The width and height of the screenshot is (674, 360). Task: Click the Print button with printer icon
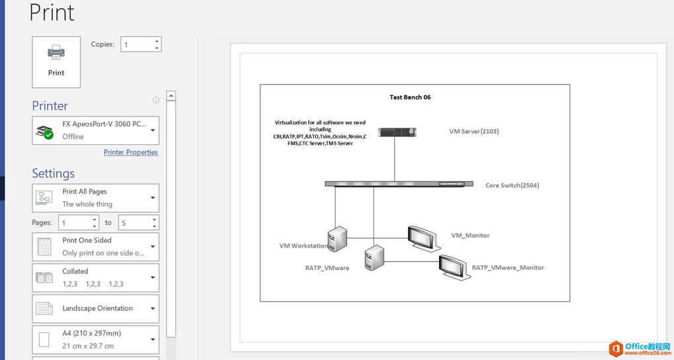tap(56, 62)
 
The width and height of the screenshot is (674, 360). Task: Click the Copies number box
tap(136, 45)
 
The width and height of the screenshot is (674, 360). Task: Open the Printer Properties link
tap(130, 152)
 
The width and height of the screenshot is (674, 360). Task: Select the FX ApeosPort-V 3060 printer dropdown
tap(95, 130)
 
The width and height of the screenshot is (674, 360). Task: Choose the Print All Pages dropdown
tap(95, 198)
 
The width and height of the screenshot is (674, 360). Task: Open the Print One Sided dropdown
tap(95, 247)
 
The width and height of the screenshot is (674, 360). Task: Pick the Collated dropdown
tap(95, 277)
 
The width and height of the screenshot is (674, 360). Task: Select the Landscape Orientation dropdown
tap(95, 308)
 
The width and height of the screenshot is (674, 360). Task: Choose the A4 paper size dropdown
tap(95, 339)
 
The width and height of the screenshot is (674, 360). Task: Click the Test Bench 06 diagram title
tap(410, 97)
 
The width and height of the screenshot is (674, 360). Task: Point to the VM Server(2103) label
tap(474, 132)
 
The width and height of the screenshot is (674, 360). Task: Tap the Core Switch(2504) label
tap(512, 185)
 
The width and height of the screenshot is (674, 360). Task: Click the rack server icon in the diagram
tap(397, 132)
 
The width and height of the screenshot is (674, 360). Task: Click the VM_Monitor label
tap(470, 236)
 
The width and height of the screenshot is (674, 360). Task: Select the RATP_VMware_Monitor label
tap(508, 268)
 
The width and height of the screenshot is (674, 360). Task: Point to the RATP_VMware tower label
tap(327, 268)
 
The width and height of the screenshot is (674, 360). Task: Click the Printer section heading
tap(50, 106)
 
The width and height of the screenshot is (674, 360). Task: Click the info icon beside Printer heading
tap(156, 101)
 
